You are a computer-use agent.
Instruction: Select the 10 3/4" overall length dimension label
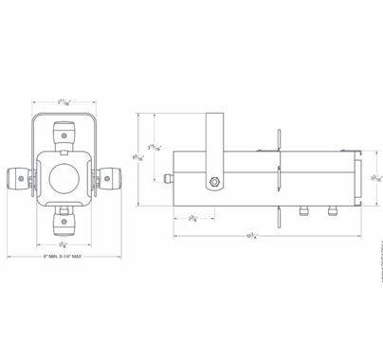coord(254,236)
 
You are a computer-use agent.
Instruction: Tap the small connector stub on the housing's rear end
coord(169,177)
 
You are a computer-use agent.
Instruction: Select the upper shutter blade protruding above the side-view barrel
coord(278,140)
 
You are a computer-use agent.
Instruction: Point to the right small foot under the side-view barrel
coord(334,210)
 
